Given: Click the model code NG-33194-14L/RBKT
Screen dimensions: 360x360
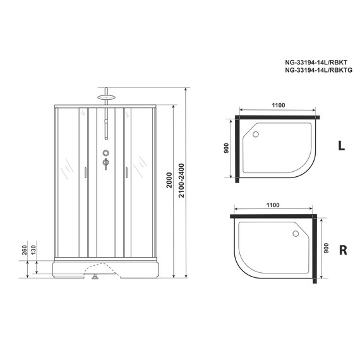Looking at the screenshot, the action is [x=316, y=63].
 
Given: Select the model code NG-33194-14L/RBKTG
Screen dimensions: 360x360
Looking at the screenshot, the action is [x=319, y=70].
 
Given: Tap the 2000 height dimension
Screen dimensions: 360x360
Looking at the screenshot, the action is [x=169, y=180].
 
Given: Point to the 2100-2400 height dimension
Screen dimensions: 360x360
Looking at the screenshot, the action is [x=181, y=181].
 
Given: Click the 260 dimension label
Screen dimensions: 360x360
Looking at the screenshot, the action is [x=25, y=250].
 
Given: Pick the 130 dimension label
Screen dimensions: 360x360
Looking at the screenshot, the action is [x=33, y=250].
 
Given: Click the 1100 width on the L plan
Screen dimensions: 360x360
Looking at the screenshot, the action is [x=279, y=105].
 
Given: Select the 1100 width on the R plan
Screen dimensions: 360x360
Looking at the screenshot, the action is [x=273, y=205].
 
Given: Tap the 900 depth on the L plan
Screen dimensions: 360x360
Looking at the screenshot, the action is [x=226, y=148].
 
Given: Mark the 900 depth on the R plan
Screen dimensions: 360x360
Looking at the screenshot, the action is [x=326, y=248].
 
